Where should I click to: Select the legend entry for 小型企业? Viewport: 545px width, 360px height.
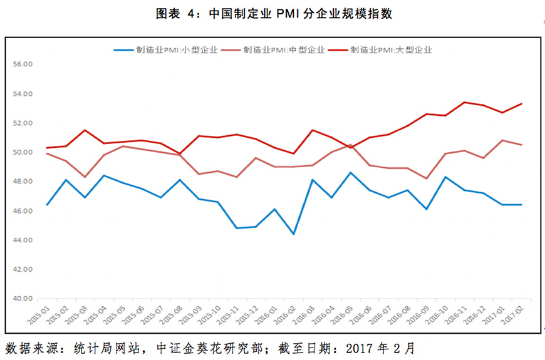pos(177,49)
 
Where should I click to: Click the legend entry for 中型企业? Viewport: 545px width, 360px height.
pos(284,49)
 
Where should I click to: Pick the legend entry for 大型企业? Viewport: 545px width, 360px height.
pos(392,49)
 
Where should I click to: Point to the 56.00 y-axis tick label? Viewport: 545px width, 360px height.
pos(22,64)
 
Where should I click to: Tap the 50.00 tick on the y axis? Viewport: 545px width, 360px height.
pos(22,153)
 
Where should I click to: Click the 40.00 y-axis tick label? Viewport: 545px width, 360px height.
pos(22,299)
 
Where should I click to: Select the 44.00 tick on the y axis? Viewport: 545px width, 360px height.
pos(22,240)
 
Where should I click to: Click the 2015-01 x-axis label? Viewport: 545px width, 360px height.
pos(39,313)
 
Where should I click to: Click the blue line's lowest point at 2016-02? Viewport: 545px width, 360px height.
pos(293,234)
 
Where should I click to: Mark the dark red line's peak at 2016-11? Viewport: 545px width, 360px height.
pos(464,102)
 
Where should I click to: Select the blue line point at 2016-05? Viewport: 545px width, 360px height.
pos(350,173)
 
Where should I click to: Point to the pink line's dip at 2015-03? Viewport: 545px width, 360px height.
pos(85,177)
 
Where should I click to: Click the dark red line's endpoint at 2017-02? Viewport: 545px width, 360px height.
pos(521,104)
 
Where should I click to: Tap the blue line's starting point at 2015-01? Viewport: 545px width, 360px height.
pos(47,205)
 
